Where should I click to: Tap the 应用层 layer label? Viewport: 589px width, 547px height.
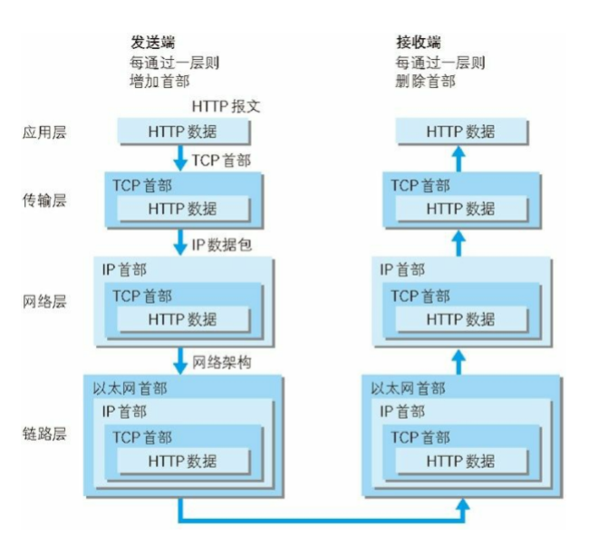(45, 132)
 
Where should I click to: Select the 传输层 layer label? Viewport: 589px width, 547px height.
(45, 199)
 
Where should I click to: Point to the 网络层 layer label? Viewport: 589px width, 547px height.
(45, 300)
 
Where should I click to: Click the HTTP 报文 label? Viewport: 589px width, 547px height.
(226, 106)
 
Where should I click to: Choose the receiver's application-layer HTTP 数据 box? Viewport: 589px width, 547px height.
(460, 132)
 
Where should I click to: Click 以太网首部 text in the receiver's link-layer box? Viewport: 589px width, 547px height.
(408, 388)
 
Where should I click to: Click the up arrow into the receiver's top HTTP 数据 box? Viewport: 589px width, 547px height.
(459, 159)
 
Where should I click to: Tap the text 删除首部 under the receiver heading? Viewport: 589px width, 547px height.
(422, 81)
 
